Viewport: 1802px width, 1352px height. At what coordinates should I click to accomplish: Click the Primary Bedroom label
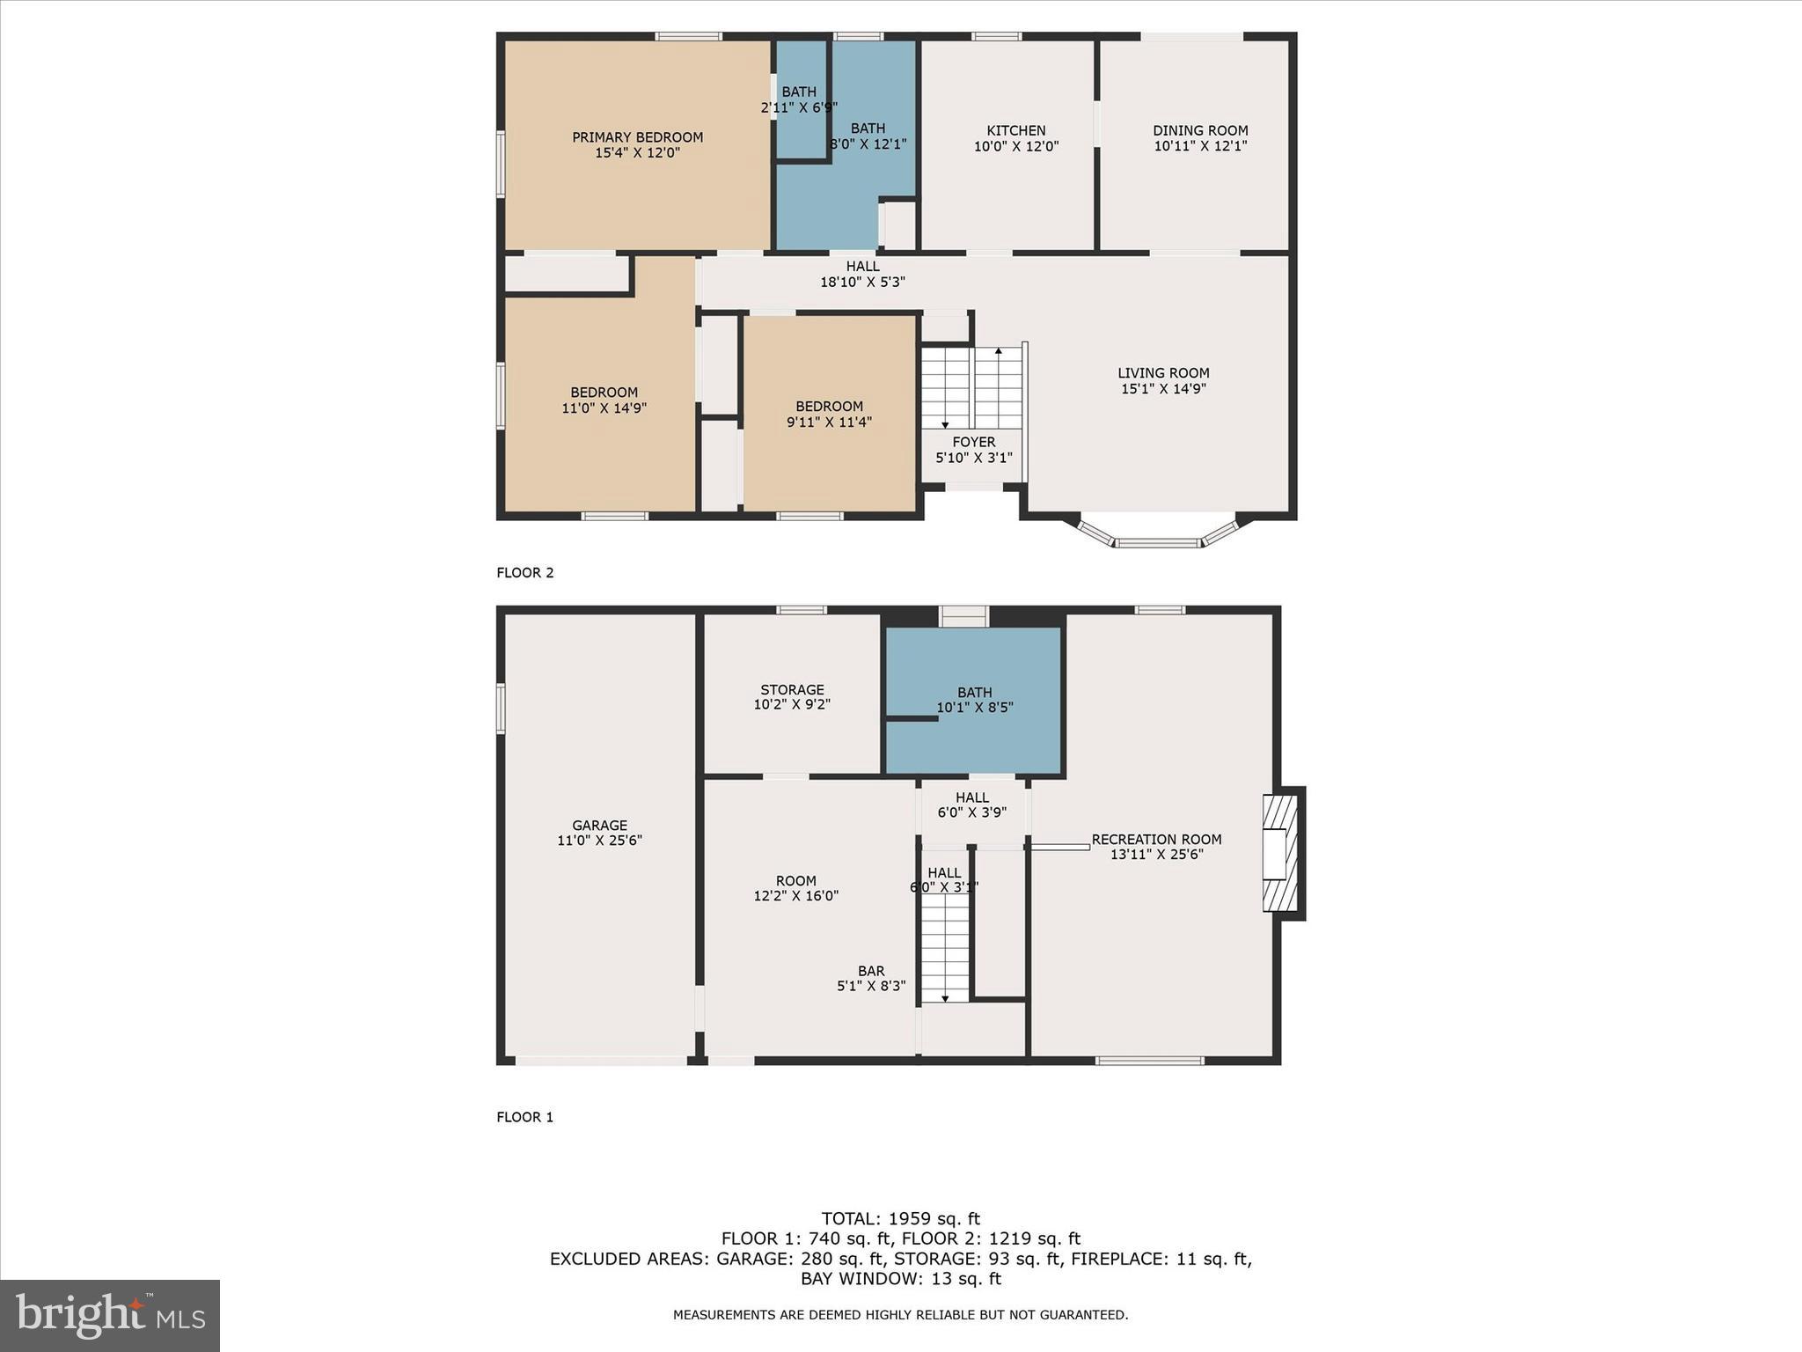(637, 137)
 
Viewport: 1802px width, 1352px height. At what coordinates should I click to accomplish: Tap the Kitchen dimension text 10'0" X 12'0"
(1015, 147)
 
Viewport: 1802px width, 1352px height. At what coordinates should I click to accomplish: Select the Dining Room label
(1200, 130)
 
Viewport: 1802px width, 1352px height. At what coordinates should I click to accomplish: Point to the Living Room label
(1163, 373)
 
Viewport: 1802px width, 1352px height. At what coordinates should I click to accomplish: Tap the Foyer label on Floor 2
(973, 442)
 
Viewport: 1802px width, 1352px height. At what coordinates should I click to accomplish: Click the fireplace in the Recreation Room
(1281, 852)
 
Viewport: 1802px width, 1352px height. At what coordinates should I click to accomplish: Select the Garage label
(599, 826)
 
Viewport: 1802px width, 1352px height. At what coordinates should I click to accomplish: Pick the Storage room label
(792, 690)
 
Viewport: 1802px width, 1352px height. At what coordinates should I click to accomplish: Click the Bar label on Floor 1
(871, 971)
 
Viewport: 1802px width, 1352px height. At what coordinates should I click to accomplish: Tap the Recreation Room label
(1156, 840)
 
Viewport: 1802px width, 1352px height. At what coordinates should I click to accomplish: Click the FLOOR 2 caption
(525, 573)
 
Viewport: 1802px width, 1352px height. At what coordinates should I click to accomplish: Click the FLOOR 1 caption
(525, 1117)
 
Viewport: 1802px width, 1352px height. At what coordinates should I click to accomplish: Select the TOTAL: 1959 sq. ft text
(900, 1219)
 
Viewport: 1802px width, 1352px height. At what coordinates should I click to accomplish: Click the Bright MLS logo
(110, 1316)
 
